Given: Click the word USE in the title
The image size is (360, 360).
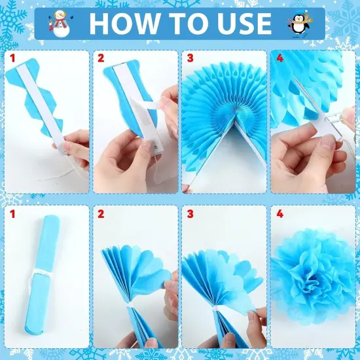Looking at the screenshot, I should point(240,24).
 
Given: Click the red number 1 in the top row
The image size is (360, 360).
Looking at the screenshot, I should point(12,59).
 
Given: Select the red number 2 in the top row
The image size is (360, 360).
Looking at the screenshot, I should point(101,59).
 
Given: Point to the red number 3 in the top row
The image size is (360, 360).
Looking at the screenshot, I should point(190,59).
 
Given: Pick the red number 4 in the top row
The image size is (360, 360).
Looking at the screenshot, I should point(279,59).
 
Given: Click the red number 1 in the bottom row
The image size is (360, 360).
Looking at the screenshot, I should point(12,213).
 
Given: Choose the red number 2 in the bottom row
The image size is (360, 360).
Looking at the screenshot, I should point(101,213).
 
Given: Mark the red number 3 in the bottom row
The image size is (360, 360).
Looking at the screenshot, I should point(190,213).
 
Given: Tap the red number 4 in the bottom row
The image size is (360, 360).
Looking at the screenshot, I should point(279,213).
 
